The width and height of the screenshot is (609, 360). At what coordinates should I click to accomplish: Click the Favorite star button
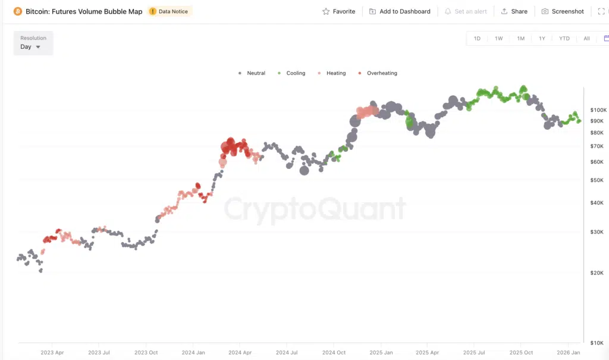pos(338,11)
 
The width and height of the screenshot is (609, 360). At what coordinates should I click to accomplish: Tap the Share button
pos(514,11)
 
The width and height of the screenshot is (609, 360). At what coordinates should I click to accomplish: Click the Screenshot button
pos(563,11)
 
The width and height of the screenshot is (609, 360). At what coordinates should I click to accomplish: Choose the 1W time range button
pos(498,39)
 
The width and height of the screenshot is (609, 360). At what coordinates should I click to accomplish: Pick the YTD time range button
pos(564,39)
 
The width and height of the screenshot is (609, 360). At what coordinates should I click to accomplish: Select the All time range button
pos(586,39)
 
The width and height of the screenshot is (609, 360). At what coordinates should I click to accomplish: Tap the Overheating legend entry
pos(378,73)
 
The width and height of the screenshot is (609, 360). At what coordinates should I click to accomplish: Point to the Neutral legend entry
pos(252,73)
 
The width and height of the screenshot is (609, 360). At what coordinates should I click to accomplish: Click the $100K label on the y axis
pos(598,110)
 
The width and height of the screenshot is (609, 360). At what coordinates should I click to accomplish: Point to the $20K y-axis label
pos(597,273)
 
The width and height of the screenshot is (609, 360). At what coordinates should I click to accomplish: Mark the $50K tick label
pos(597,180)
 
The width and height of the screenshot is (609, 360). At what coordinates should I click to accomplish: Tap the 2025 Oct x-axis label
pos(520,352)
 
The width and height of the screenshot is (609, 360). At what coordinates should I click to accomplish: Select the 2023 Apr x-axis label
pos(52,352)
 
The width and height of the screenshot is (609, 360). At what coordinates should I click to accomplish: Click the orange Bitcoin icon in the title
pos(18,11)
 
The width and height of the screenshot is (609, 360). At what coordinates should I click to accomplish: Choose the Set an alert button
pos(467,11)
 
